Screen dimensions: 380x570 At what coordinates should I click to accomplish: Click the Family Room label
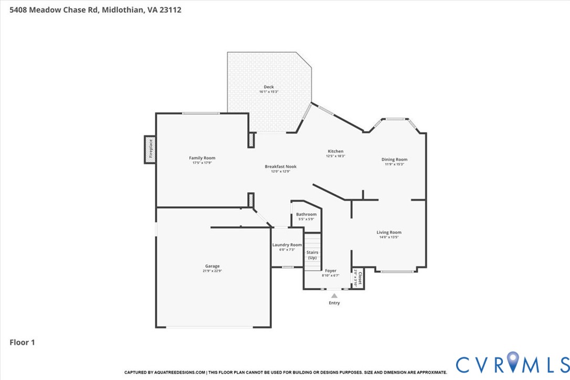[x=202, y=158]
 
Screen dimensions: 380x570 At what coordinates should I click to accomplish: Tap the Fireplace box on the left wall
[x=150, y=149]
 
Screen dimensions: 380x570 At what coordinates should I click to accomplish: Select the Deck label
[x=268, y=87]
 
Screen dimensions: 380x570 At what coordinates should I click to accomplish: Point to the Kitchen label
[x=335, y=151]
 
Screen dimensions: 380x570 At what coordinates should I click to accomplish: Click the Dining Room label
[x=394, y=160]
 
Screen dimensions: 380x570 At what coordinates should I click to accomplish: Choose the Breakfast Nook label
[x=280, y=166]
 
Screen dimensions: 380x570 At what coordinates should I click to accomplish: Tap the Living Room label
[x=388, y=232]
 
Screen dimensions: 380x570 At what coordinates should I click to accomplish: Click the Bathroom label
[x=306, y=214]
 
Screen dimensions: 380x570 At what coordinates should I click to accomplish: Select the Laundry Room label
[x=287, y=245]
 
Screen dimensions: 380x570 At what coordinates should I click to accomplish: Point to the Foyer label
[x=331, y=271]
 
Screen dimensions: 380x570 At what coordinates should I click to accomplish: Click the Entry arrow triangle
[x=334, y=296]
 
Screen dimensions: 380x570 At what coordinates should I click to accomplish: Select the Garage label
[x=212, y=266]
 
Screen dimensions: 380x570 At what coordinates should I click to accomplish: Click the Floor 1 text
[x=22, y=343]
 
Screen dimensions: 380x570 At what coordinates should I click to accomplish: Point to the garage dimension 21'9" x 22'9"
[x=212, y=271]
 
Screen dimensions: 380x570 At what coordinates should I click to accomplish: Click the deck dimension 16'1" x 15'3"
[x=268, y=92]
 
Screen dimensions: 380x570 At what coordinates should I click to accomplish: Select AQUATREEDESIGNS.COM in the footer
[x=179, y=372]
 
